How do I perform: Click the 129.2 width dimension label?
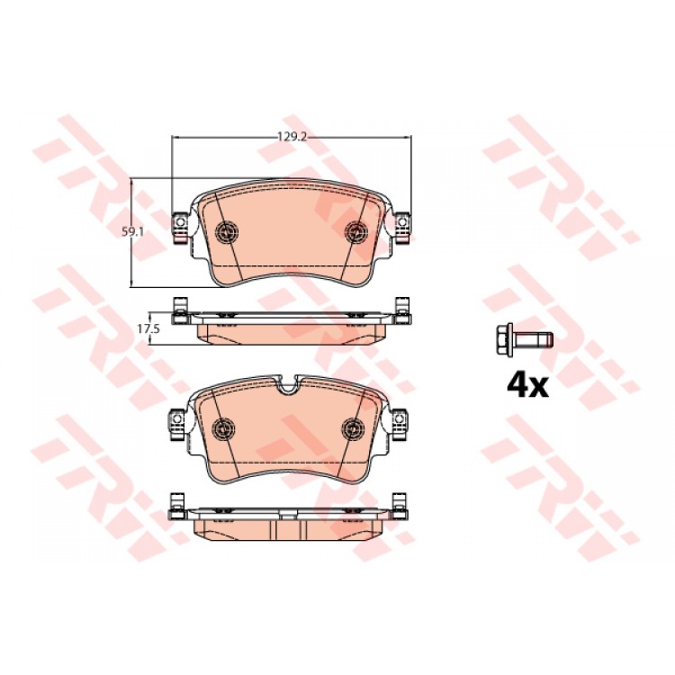click(292, 137)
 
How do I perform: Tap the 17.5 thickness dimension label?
click(148, 328)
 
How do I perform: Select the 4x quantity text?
click(527, 386)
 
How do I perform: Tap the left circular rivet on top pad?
click(228, 231)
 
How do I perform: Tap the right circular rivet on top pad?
click(357, 231)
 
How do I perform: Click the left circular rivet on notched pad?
click(224, 427)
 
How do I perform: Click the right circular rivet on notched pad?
click(353, 427)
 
